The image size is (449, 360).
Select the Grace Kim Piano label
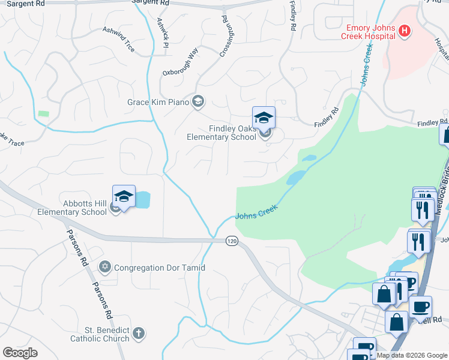coord(158,102)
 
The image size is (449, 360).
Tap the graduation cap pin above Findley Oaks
coord(263,118)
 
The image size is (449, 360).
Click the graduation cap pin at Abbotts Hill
coord(124,197)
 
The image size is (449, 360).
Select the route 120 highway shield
coord(232,241)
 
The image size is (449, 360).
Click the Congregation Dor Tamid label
coord(159,268)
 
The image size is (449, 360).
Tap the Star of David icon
coord(105,266)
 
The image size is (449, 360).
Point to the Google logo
coord(20,352)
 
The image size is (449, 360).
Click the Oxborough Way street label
coord(180,62)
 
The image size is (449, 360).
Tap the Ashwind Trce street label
coord(118,38)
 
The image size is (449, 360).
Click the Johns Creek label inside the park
coord(257,214)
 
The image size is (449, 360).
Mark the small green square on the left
coord(43,113)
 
